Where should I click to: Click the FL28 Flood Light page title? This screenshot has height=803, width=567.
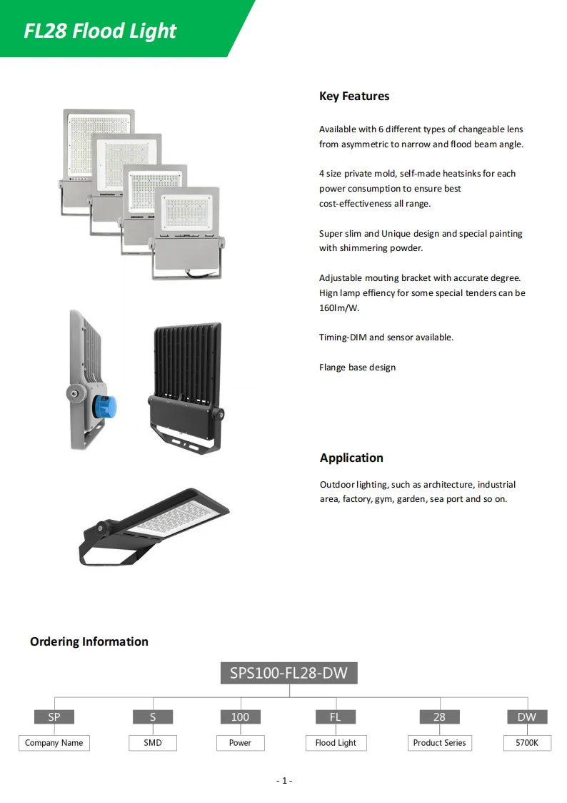(x=100, y=31)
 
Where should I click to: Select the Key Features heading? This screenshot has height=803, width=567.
(x=354, y=96)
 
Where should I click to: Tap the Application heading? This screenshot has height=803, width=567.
(x=351, y=458)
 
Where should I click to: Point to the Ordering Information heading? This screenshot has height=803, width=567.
(x=89, y=641)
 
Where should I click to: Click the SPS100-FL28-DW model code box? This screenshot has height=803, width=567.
(x=289, y=673)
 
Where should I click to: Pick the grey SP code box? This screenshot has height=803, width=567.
(x=54, y=716)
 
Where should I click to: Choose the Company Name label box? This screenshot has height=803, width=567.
(x=54, y=743)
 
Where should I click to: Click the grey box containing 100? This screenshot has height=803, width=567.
(x=240, y=716)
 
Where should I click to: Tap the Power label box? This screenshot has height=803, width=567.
(x=240, y=743)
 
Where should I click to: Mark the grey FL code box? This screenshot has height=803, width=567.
(x=336, y=716)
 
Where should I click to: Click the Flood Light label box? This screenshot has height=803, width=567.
(x=336, y=743)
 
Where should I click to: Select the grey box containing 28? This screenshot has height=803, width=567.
(x=439, y=716)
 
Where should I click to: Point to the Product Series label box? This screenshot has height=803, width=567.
(x=439, y=743)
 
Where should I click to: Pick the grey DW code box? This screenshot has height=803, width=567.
(x=527, y=716)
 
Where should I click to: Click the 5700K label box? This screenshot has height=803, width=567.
(x=527, y=743)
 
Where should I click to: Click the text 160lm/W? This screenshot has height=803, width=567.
(x=339, y=308)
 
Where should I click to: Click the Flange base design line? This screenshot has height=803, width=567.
(x=357, y=368)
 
